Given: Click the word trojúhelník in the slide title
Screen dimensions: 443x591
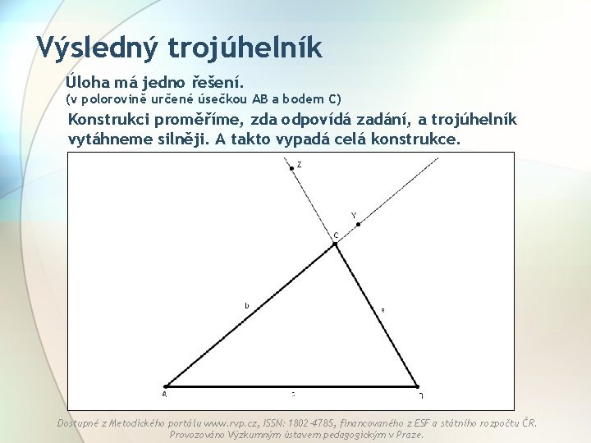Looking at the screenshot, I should click(245, 47).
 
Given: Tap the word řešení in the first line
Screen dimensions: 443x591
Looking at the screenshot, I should click(213, 82).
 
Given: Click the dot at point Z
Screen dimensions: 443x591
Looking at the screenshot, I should click(291, 167).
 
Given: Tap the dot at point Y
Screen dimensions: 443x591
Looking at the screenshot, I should click(358, 224).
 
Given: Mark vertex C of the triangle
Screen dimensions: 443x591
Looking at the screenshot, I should click(335, 244).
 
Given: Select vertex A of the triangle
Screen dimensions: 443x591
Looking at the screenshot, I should click(165, 386).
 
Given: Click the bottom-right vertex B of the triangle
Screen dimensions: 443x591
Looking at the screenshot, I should click(418, 386).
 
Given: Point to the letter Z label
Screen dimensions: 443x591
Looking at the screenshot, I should click(299, 164).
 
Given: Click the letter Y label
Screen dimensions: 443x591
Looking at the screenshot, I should click(354, 216).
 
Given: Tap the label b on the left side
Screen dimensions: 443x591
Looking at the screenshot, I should click(246, 306).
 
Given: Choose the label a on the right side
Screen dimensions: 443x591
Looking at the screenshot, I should click(383, 310).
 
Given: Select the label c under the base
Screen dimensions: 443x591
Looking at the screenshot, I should click(293, 395).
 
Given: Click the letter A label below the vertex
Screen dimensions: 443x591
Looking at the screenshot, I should click(164, 395).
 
